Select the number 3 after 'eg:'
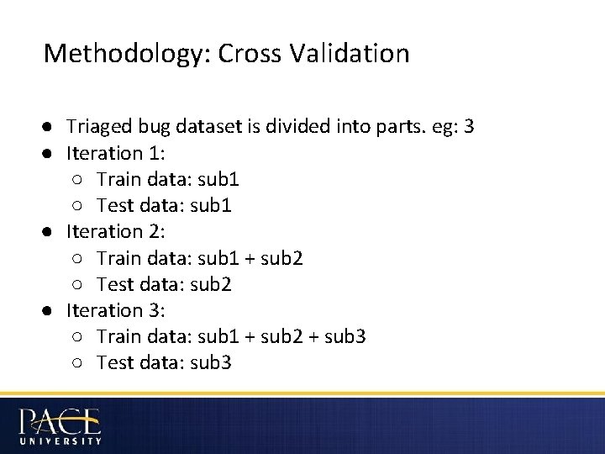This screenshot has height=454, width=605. (469, 127)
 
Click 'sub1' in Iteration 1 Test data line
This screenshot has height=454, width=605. (212, 205)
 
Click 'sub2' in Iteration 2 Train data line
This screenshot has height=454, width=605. (283, 258)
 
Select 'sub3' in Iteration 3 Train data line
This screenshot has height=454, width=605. (345, 336)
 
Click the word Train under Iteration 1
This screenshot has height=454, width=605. (116, 179)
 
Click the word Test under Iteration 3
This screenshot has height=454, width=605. (113, 362)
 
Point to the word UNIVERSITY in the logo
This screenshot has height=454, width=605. (60, 440)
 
